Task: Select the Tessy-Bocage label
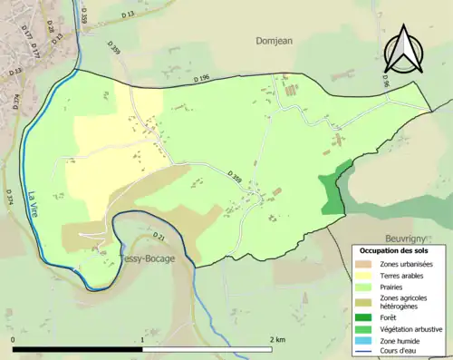pyautogui.click(x=146, y=258)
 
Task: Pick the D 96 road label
pyautogui.click(x=385, y=80)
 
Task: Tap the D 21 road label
pyautogui.click(x=159, y=238)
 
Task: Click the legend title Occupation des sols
pyautogui.click(x=394, y=249)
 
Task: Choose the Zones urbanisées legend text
pyautogui.click(x=407, y=263)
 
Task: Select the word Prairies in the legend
pyautogui.click(x=393, y=286)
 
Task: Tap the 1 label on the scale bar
pyautogui.click(x=143, y=339)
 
